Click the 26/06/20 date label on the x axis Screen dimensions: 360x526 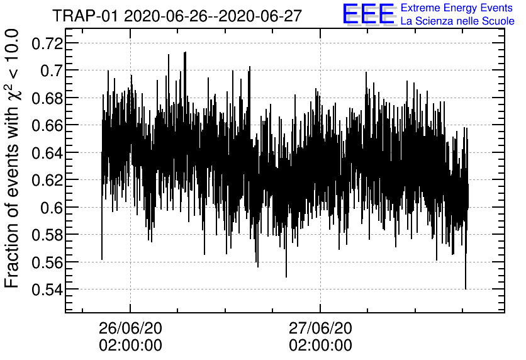click(130, 328)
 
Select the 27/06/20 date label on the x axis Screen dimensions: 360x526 click(320, 328)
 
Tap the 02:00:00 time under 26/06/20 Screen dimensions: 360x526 click(130, 346)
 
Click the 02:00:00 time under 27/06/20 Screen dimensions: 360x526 click(320, 346)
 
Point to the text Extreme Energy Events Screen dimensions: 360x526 click(457, 8)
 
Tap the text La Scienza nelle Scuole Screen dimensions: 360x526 click(457, 21)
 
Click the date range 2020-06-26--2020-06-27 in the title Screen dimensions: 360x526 click(213, 15)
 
